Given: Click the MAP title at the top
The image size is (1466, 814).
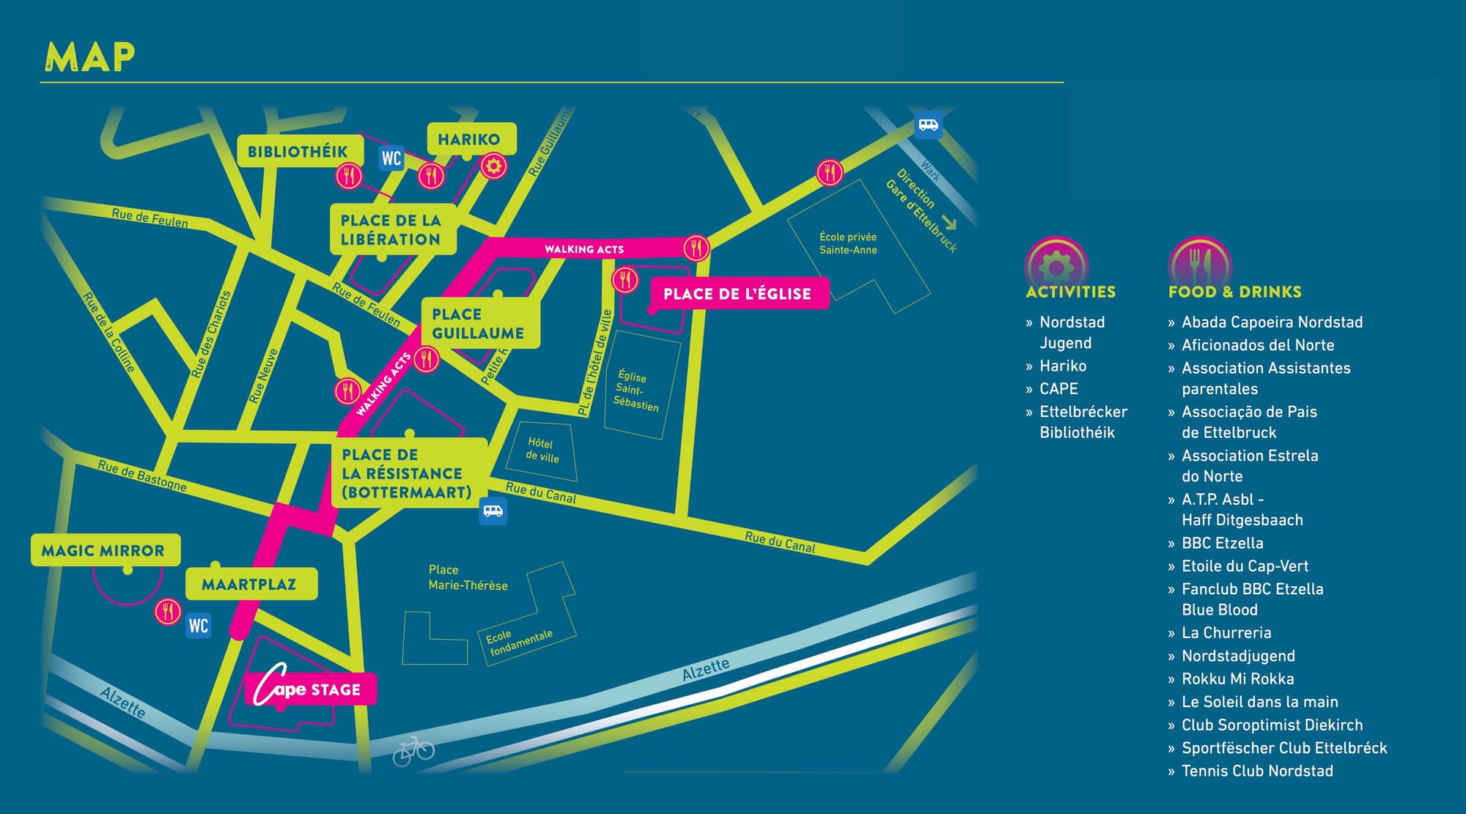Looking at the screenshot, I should (90, 57).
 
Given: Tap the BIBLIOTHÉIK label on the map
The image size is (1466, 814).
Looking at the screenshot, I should (298, 152).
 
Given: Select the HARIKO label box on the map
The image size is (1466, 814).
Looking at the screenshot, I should (469, 139).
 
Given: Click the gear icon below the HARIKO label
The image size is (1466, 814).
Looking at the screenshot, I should (493, 167).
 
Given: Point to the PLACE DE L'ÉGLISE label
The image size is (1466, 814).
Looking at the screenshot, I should (737, 294).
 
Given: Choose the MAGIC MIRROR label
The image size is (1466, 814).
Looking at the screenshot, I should (103, 550).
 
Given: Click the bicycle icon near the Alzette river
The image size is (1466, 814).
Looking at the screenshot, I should (413, 751).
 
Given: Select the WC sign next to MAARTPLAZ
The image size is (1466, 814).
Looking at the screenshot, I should (198, 626).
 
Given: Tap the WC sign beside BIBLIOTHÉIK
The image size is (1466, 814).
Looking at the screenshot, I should (391, 158).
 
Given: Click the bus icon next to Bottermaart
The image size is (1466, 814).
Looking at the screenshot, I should (493, 511).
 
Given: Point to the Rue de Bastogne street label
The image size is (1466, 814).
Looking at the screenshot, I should (142, 476).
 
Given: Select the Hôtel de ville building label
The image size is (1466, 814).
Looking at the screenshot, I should (542, 450).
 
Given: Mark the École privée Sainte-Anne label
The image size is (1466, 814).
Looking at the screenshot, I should (848, 243).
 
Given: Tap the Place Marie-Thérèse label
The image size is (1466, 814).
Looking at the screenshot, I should (468, 577).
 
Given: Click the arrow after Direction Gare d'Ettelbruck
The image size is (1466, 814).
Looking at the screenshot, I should (949, 223).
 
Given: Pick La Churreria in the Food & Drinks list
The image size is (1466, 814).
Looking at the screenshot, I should (1226, 633).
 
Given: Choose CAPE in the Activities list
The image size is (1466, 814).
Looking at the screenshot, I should (1058, 389).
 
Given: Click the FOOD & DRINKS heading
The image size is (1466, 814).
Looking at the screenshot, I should (1234, 292).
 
